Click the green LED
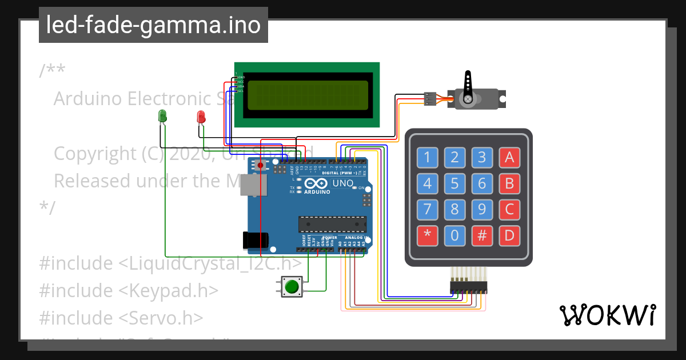(x=162, y=115)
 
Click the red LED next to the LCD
(x=201, y=117)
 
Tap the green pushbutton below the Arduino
(x=292, y=286)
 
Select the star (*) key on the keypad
(x=426, y=235)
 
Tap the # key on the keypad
(x=482, y=235)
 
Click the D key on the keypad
(x=509, y=235)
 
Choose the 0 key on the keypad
(x=454, y=235)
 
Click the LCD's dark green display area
(x=307, y=94)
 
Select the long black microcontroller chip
(x=332, y=225)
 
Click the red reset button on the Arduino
(x=261, y=165)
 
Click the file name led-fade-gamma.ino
(x=153, y=25)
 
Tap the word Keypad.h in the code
(x=175, y=290)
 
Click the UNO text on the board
(x=343, y=183)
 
